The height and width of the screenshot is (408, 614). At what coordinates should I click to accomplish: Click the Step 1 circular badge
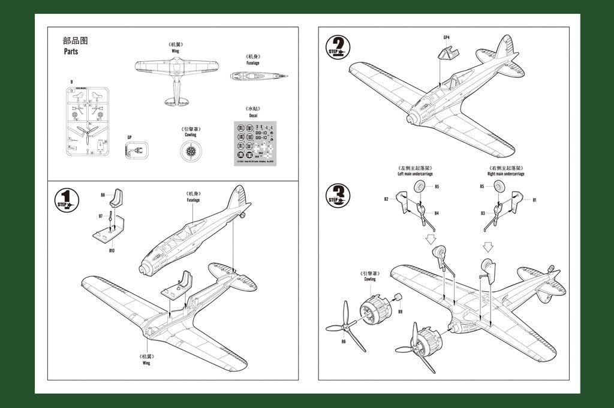point(66,200)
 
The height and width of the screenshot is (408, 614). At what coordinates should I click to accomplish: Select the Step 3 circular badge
point(338,195)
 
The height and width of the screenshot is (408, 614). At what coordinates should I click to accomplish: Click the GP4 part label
point(446,38)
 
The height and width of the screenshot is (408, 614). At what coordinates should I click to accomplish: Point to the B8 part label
point(103,195)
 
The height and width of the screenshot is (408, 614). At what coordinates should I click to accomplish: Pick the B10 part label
point(112,250)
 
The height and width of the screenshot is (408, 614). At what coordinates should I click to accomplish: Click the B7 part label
point(101,216)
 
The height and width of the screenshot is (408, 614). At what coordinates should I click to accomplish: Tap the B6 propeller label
point(344,341)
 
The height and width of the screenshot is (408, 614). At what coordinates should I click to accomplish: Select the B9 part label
point(400,311)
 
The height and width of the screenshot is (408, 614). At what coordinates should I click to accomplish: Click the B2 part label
point(387,199)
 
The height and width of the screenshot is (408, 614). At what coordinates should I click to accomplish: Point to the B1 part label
point(534,200)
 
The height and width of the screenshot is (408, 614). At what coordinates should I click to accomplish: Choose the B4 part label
point(437,213)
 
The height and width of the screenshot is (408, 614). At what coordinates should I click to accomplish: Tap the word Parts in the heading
point(71,52)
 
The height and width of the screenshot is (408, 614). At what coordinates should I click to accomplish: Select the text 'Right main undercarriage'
point(506,174)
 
